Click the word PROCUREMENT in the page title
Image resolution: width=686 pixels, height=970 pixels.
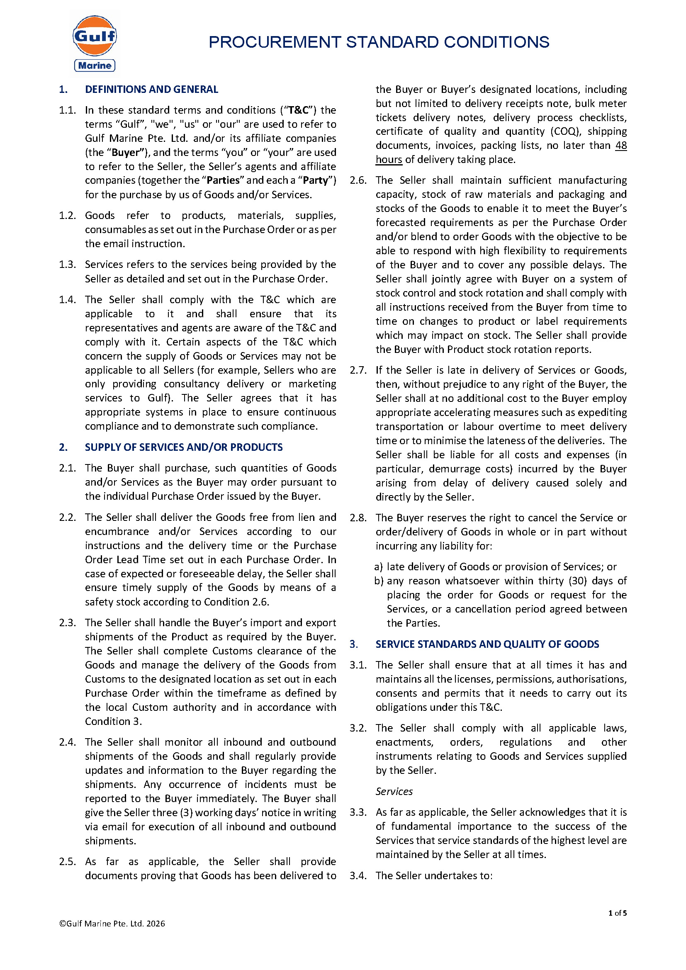[275, 42]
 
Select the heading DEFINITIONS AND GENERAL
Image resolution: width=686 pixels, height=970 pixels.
[151, 90]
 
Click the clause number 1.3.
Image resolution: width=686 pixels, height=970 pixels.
[67, 265]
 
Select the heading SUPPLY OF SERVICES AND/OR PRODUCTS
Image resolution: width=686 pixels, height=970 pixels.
[184, 447]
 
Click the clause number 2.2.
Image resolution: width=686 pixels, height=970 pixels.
[67, 518]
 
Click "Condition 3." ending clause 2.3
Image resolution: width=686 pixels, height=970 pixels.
[113, 722]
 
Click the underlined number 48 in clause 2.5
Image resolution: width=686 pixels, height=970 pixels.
[620, 146]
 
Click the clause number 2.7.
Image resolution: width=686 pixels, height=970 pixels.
[358, 370]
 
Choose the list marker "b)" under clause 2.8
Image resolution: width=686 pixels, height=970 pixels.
[379, 581]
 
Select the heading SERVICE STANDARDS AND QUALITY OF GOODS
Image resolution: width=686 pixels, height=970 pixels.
[487, 644]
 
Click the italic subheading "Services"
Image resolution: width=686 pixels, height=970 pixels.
[394, 792]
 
